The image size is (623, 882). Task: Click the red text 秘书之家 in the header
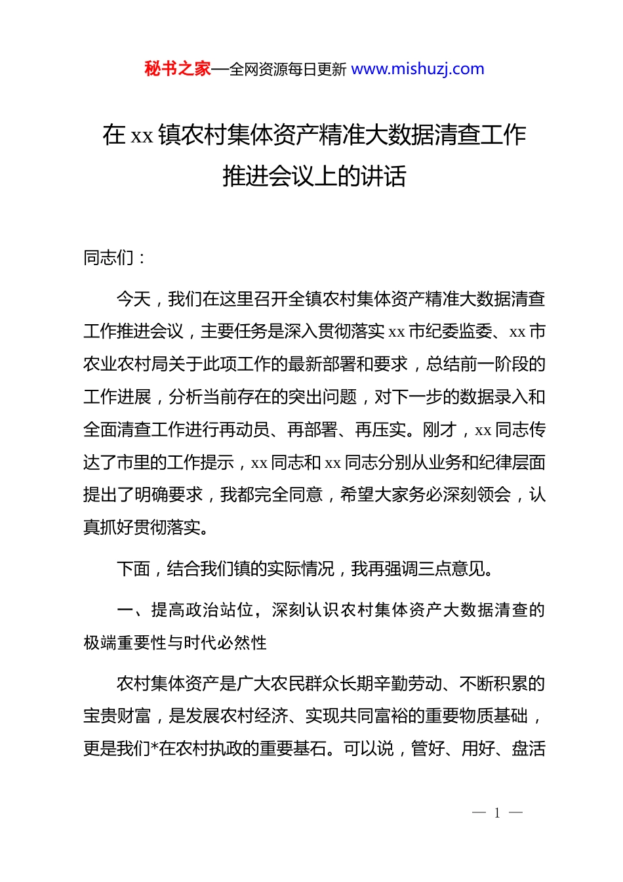coord(178,69)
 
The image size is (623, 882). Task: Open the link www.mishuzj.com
coord(418,69)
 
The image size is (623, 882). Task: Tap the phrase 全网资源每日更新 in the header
coord(288,70)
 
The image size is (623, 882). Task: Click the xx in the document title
coord(142,136)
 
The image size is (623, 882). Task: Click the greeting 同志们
coord(109,258)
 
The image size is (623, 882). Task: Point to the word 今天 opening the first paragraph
coord(133,299)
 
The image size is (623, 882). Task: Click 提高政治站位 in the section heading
coord(202,610)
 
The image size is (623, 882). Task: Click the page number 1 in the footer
coord(497,813)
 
